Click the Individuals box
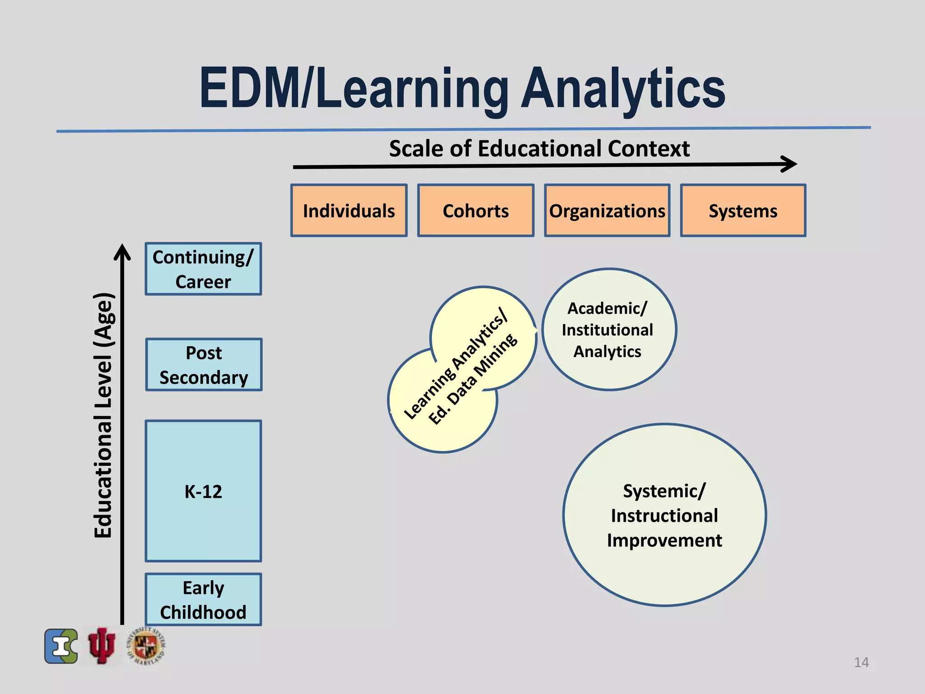coord(349,211)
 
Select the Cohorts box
coord(476,211)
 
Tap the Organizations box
coord(607,211)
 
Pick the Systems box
coord(743,211)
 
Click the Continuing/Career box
coord(203,269)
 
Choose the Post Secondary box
coord(204,365)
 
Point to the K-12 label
coord(203,492)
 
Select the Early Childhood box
coord(203,600)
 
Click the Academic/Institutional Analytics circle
coord(608,330)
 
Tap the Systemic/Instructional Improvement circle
coord(664,515)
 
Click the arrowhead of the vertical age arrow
coord(122,253)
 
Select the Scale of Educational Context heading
coord(539,149)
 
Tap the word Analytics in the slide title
coord(623,89)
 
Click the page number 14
coord(861,662)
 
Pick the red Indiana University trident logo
coord(102,646)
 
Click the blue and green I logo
coord(61,646)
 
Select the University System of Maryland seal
coord(146,646)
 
